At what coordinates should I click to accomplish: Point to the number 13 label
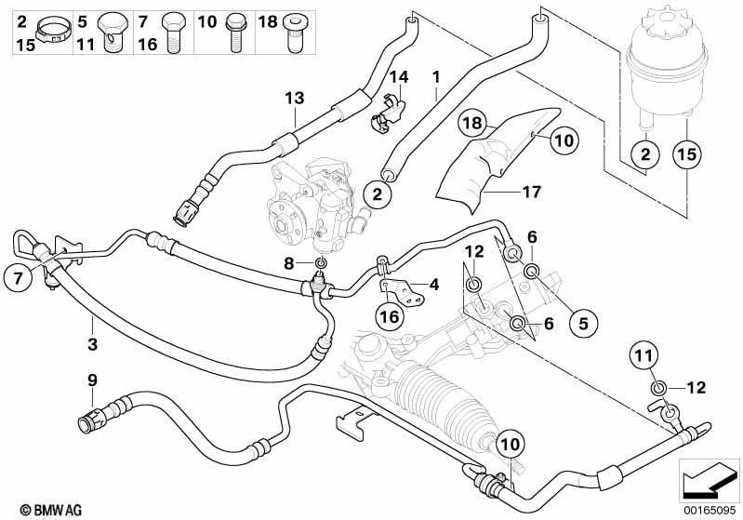(x=295, y=98)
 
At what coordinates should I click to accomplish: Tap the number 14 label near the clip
(x=399, y=76)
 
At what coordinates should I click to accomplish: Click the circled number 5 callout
(x=583, y=324)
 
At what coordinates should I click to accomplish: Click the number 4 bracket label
(x=433, y=284)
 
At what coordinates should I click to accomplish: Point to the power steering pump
(x=317, y=204)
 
